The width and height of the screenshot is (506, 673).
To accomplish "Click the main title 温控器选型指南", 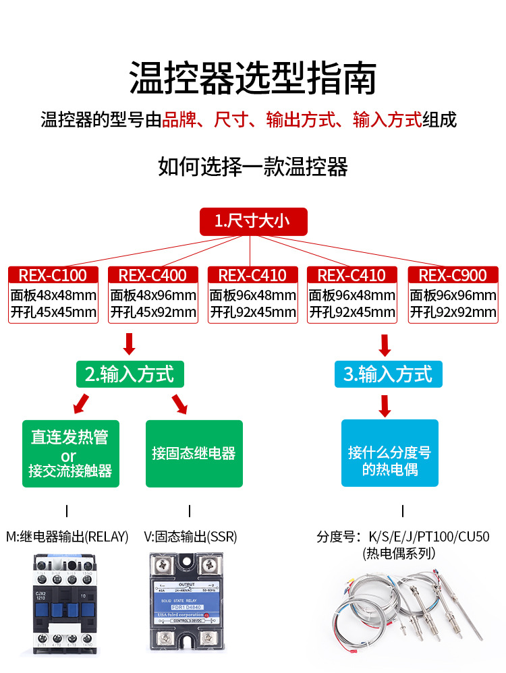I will click(x=252, y=78).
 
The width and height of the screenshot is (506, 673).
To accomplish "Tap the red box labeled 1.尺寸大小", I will click(x=253, y=221).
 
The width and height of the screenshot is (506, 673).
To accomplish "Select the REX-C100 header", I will click(x=53, y=275).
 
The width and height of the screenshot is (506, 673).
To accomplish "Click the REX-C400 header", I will click(x=152, y=275).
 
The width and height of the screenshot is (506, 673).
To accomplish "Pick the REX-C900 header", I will click(x=452, y=275).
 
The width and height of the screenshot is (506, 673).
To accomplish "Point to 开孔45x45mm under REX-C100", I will click(x=53, y=312).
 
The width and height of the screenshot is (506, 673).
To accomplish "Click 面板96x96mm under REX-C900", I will click(x=453, y=295).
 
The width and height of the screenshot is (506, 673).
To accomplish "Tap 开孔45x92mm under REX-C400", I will click(x=153, y=312).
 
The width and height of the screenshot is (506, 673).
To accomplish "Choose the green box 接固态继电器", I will click(x=194, y=453).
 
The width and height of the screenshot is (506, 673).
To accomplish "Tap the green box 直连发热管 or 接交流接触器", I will click(x=70, y=453).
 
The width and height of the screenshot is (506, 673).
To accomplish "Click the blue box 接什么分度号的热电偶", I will click(x=390, y=453).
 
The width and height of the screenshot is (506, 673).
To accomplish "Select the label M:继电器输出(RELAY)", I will click(x=66, y=537).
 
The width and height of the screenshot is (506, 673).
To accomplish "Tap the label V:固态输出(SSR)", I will click(x=190, y=537).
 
